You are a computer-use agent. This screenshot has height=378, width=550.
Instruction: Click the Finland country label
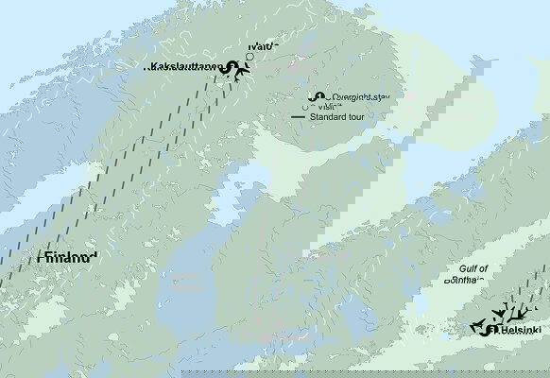tap(67, 258)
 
